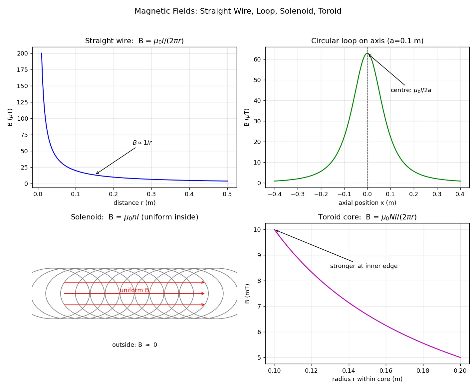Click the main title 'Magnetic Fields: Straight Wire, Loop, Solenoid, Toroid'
click(238, 11)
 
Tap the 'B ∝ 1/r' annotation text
click(142, 143)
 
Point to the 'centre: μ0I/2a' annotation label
click(411, 90)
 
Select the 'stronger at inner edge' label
click(364, 266)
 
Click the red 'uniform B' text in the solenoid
click(134, 290)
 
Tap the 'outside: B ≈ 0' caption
click(134, 345)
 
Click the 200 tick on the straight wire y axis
click(22, 54)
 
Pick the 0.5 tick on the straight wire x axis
click(227, 194)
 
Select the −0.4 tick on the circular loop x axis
click(275, 194)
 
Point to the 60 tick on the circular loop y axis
click(257, 59)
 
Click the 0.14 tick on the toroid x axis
click(349, 371)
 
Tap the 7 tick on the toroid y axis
click(259, 307)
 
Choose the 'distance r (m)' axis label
click(134, 203)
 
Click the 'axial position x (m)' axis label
click(367, 203)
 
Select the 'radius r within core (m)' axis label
click(367, 379)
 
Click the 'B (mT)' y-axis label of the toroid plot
click(247, 294)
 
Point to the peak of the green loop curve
click(367, 53)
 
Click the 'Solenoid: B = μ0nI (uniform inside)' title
click(134, 217)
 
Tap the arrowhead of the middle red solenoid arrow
click(203, 293)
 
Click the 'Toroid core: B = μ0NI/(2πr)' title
click(367, 217)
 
